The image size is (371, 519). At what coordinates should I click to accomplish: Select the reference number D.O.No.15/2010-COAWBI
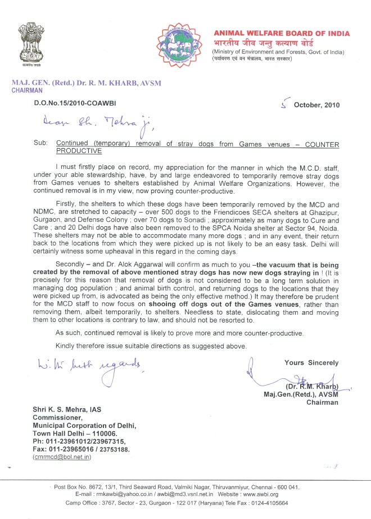[83, 105]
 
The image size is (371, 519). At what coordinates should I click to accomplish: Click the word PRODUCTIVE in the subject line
[79, 151]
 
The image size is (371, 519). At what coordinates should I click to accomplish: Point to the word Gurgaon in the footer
[170, 503]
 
